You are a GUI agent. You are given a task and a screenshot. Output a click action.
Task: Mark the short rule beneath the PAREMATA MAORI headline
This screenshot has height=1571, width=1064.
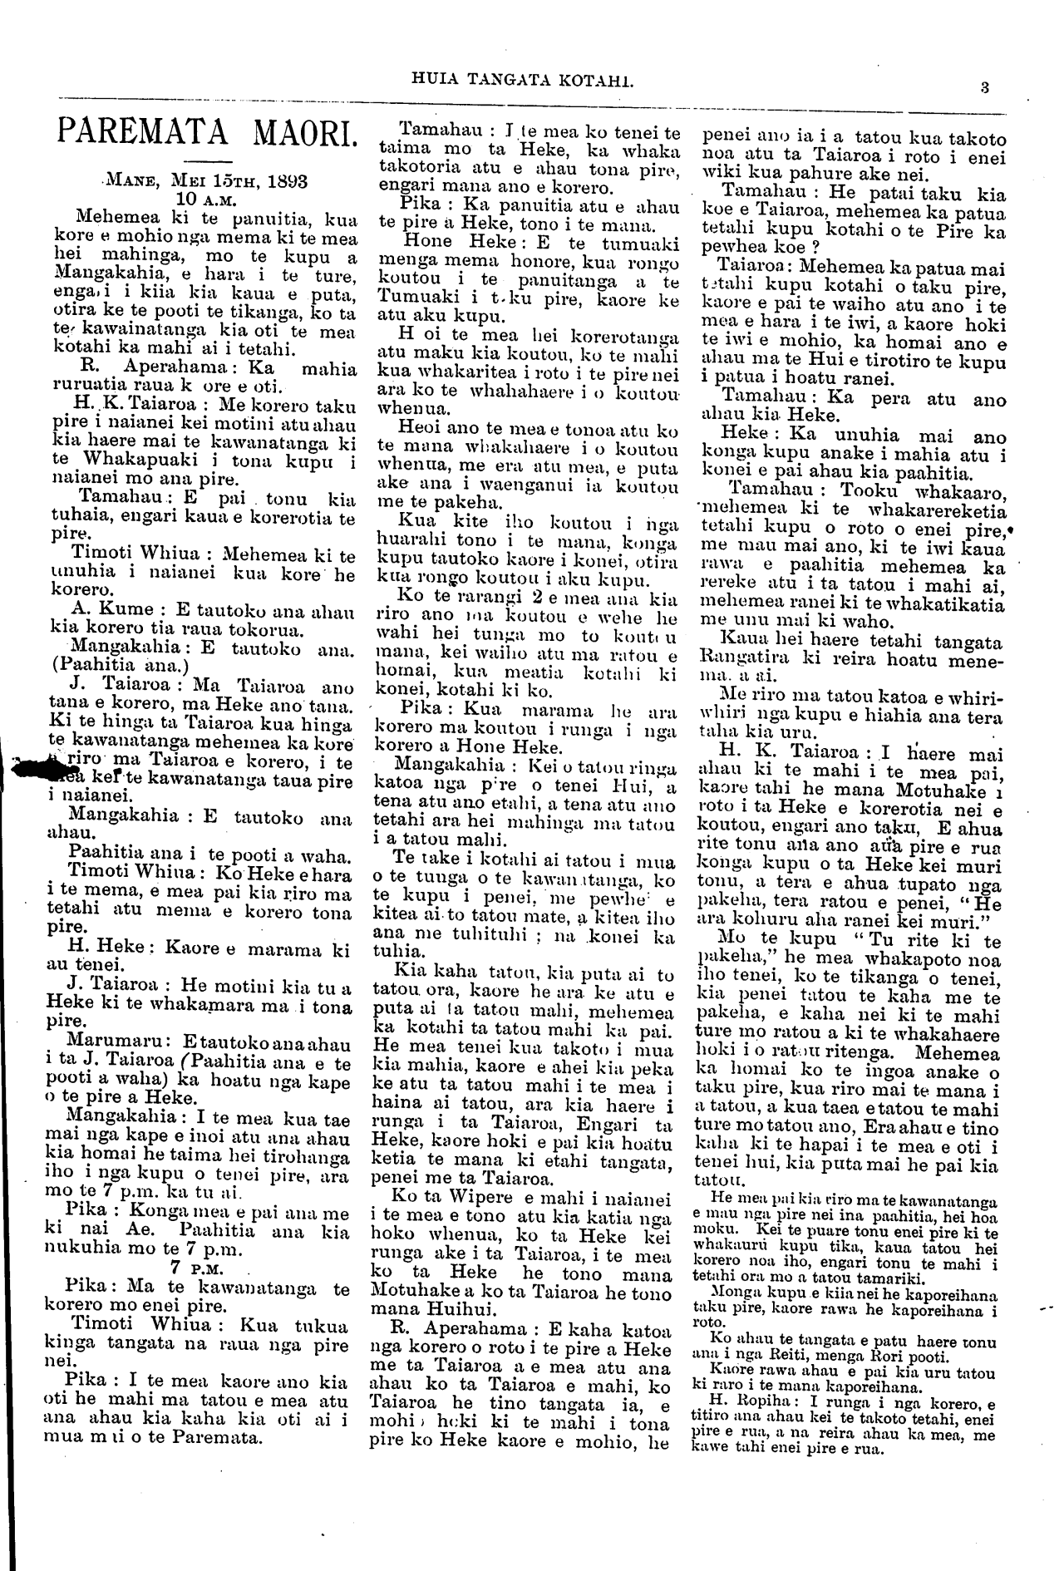click(x=204, y=160)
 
